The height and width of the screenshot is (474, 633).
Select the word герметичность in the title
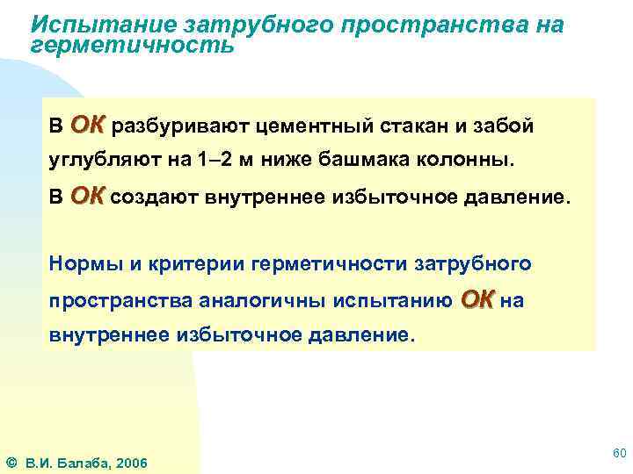[133, 44]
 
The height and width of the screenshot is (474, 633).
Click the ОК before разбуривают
[87, 126]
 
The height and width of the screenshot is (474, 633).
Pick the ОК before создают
[87, 195]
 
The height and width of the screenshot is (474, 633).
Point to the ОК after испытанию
[477, 299]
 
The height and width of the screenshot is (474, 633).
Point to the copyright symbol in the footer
[11, 462]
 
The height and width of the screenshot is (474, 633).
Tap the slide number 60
[618, 453]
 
